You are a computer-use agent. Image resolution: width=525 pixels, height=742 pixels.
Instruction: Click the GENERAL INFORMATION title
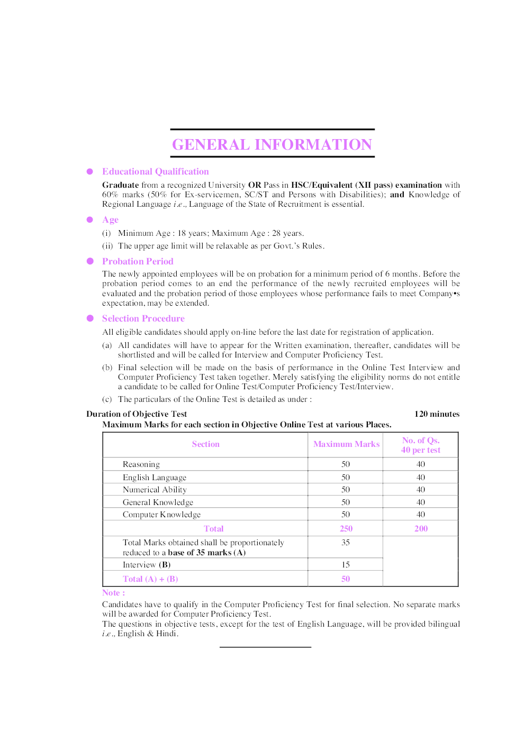[272, 144]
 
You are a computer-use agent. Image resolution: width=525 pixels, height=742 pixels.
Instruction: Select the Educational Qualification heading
[155, 171]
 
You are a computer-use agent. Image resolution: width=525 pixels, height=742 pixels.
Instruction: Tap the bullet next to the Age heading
[90, 219]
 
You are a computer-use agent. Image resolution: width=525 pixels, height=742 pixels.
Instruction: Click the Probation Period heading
[138, 261]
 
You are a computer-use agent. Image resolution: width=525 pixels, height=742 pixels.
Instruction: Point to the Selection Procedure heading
[143, 318]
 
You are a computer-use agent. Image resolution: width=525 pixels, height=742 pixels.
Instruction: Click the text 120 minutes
[437, 414]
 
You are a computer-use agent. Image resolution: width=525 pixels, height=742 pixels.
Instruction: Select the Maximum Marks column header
[346, 444]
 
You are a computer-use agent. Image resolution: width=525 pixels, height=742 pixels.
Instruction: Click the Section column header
[205, 444]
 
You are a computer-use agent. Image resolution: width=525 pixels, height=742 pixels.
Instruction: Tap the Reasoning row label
[141, 464]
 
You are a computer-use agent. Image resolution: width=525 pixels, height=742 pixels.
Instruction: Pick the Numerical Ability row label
[155, 490]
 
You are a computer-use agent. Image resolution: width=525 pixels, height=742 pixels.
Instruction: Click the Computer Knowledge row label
[161, 515]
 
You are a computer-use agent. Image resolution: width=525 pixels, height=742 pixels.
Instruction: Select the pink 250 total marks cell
[346, 528]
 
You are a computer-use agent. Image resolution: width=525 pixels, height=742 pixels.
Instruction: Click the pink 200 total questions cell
[421, 528]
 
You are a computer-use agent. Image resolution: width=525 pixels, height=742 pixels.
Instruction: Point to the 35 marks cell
[346, 543]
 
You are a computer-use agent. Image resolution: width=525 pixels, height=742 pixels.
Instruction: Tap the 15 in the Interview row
[346, 565]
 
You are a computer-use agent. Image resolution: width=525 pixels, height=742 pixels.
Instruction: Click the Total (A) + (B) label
[150, 579]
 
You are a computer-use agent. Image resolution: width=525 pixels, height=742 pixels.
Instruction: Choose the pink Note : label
[113, 593]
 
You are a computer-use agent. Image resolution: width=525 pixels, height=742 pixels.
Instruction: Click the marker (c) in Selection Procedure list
[107, 399]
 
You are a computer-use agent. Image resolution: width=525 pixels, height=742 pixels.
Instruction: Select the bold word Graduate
[120, 185]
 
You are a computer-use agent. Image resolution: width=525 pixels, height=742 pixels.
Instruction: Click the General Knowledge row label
[158, 502]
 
